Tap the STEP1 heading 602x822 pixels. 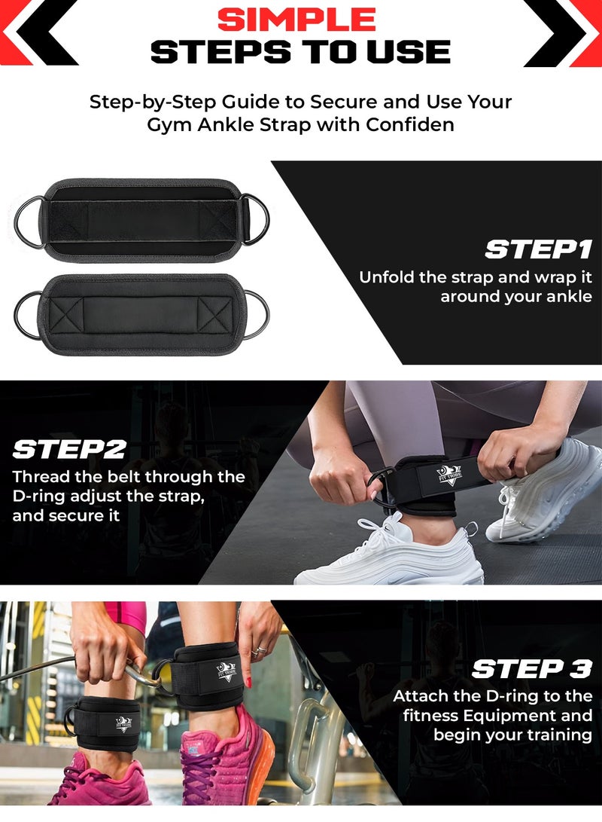coord(538,249)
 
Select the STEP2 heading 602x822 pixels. coord(68,449)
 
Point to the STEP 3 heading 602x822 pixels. coord(531,668)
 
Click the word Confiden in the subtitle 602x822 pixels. coord(410,124)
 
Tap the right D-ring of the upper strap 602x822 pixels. coord(258,218)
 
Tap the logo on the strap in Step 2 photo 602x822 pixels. coord(449,475)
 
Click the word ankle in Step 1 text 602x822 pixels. coord(569,297)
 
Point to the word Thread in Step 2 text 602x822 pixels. coord(38,477)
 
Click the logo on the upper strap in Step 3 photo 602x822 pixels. coord(226,671)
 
